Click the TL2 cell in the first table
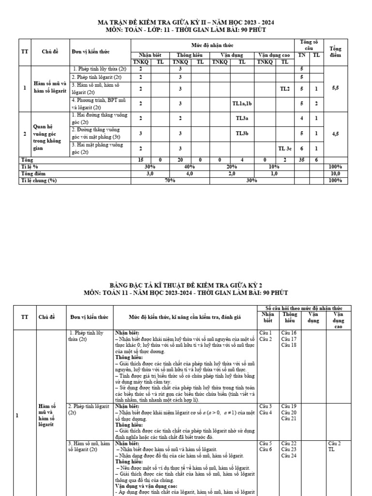pos(284,89)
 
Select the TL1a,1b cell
pos(242,103)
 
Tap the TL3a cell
pos(242,118)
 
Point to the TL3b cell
pos(242,133)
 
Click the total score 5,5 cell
pos(335,89)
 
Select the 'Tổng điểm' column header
pos(335,52)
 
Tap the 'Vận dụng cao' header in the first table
pos(274,55)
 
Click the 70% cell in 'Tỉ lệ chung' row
pos(170,180)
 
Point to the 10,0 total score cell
pos(335,173)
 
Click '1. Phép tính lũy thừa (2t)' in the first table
pos(101,69)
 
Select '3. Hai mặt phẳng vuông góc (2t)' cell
pos(100,148)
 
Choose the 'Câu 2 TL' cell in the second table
pos(335,446)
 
